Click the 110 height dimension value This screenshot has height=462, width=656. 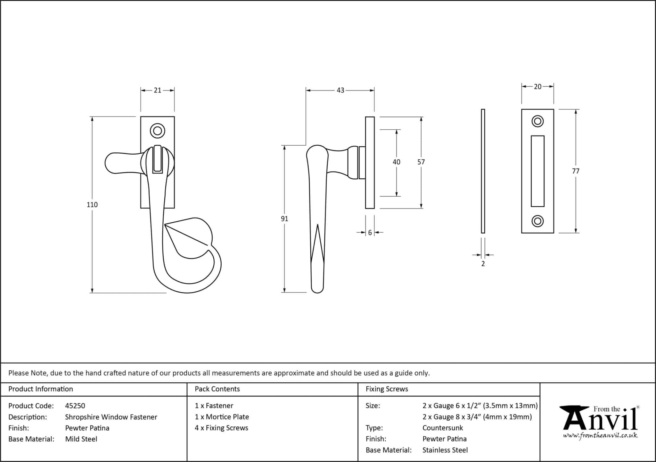tap(92, 205)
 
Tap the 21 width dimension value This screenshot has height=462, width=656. tap(157, 90)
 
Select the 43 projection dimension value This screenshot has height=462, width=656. tap(340, 90)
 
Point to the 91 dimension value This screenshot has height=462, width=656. tap(284, 219)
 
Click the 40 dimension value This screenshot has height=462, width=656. tap(397, 162)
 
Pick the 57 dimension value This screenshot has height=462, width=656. tap(421, 162)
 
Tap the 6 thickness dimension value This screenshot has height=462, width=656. tap(370, 233)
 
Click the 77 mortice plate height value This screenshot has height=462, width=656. tap(576, 171)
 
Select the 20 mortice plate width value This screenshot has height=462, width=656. tap(538, 87)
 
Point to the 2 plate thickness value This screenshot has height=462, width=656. tap(483, 264)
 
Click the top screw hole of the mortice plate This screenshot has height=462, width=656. tap(537, 121)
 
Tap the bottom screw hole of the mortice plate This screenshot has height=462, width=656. tap(537, 221)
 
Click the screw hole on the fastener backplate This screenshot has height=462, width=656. tap(157, 131)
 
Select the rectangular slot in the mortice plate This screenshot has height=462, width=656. tap(537, 171)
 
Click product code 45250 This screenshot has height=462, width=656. tap(75, 406)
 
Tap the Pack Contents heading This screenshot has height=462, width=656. tap(217, 389)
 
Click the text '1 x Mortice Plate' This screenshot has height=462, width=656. tap(222, 417)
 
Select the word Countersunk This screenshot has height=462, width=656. tap(443, 428)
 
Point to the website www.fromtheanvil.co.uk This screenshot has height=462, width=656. tap(600, 436)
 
